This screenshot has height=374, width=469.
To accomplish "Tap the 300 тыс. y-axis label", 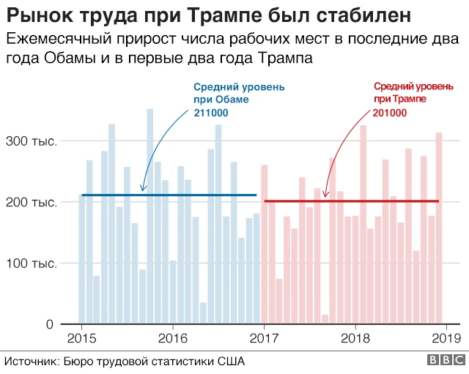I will [31, 141].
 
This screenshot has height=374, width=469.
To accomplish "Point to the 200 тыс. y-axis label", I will [31, 202].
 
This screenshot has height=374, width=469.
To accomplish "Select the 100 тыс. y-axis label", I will [31, 263].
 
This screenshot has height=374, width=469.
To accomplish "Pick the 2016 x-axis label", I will [172, 338].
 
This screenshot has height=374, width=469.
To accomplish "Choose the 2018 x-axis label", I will [355, 338].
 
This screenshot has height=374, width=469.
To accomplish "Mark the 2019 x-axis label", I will [446, 338].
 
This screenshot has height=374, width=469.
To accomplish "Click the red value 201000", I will [391, 112].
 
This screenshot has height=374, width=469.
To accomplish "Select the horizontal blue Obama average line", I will [169, 195].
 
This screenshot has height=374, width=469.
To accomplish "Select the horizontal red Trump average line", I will [352, 201].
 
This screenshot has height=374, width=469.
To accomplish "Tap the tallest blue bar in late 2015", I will [149, 220].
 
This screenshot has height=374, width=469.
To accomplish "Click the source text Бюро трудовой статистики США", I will [153, 362].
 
